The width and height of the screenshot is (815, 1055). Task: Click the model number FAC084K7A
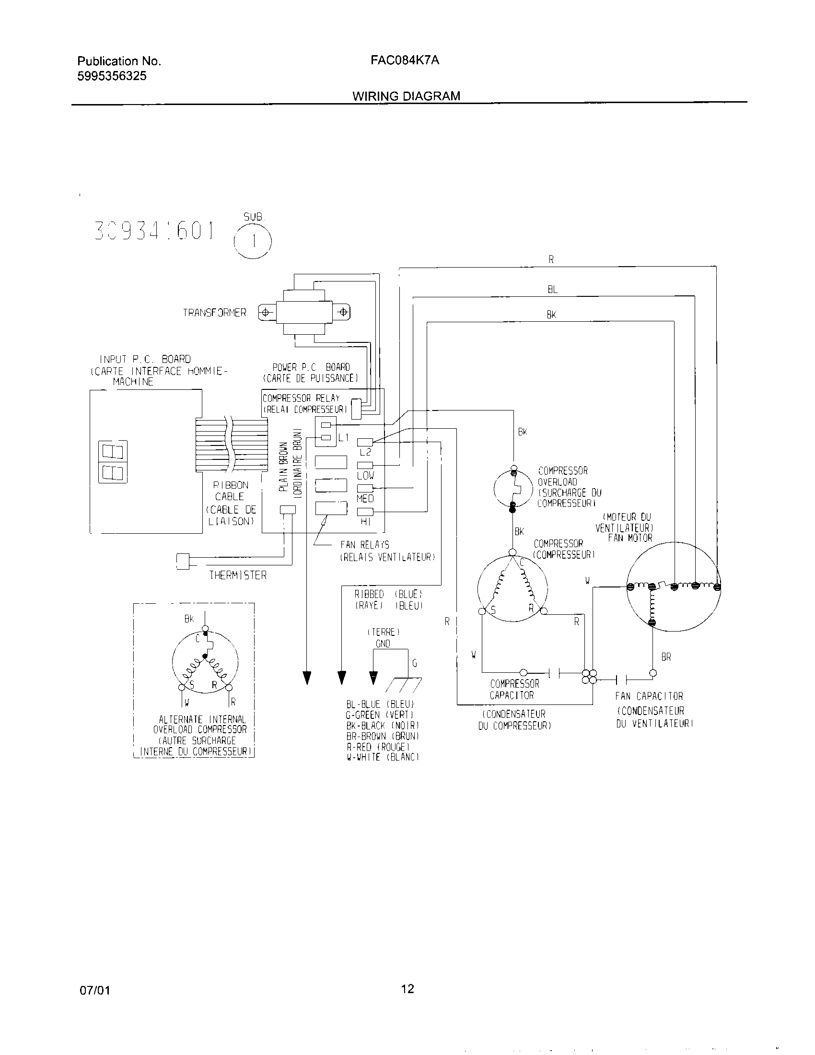(x=405, y=60)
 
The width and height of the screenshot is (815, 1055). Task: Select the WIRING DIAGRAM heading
(x=406, y=95)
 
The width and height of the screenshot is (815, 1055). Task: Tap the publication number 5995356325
(x=112, y=76)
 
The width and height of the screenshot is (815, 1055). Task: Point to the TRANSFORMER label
(x=214, y=313)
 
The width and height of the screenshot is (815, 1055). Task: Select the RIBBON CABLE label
(x=230, y=490)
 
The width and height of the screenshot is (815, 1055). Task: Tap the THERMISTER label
(x=237, y=575)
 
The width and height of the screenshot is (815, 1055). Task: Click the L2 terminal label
(x=365, y=452)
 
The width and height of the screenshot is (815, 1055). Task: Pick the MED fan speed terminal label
(x=365, y=498)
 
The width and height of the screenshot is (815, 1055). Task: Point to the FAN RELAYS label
(x=364, y=545)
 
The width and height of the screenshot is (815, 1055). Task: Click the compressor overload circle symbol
(x=513, y=488)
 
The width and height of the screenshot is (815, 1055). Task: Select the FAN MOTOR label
(x=630, y=538)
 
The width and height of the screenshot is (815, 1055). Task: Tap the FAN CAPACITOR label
(x=649, y=696)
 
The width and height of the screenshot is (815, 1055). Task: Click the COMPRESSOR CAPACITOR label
(x=514, y=689)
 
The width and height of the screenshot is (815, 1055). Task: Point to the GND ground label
(x=383, y=644)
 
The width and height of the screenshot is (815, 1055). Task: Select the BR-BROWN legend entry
(x=382, y=736)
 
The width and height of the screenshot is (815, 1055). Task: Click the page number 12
(x=407, y=989)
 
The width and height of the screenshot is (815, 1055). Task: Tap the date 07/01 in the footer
(x=94, y=991)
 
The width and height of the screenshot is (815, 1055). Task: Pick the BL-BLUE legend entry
(x=380, y=704)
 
